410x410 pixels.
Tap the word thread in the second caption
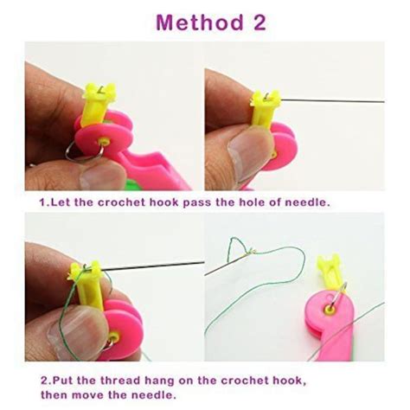point(116,379)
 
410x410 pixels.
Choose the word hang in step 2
point(159,379)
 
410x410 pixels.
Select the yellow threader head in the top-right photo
point(262,109)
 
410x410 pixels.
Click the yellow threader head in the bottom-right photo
point(330,269)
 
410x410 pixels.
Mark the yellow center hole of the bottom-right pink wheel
point(330,306)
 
